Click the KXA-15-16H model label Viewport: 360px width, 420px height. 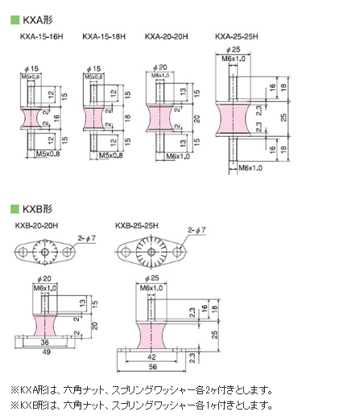[x=42, y=36]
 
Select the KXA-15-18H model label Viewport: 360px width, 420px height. [x=104, y=36]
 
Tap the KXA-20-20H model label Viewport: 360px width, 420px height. [x=167, y=36]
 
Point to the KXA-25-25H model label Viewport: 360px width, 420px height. [x=237, y=36]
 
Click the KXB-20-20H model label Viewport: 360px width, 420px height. [x=36, y=225]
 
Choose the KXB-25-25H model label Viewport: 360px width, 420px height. [x=137, y=225]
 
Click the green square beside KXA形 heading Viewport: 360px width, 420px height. [x=15, y=20]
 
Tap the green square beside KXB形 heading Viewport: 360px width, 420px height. [x=15, y=209]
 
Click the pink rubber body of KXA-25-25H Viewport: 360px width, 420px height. [x=233, y=119]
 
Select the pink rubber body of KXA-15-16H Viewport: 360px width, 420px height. [x=31, y=117]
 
